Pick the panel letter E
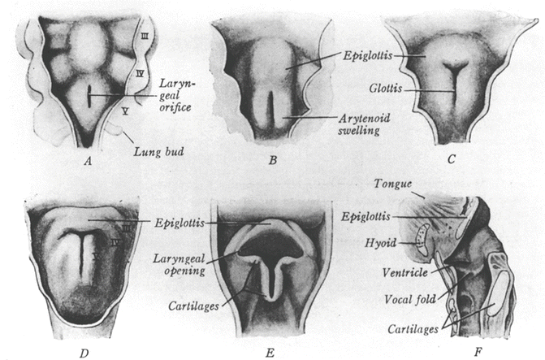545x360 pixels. [x=268, y=350]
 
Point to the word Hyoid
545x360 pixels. [x=383, y=241]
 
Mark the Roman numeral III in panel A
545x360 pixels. [x=144, y=35]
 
